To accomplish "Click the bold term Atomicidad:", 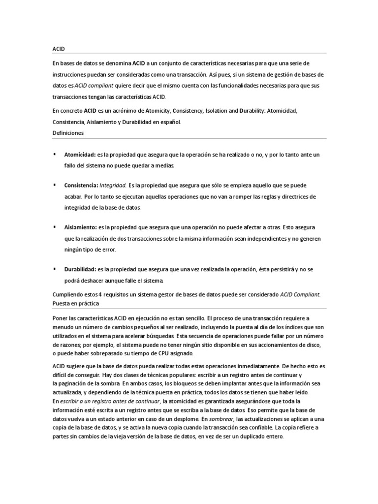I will (x=80, y=155).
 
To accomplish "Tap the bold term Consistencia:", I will (x=81, y=186).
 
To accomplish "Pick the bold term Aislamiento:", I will (x=81, y=227).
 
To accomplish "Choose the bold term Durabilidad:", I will (x=80, y=270).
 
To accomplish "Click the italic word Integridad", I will (x=112, y=186).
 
